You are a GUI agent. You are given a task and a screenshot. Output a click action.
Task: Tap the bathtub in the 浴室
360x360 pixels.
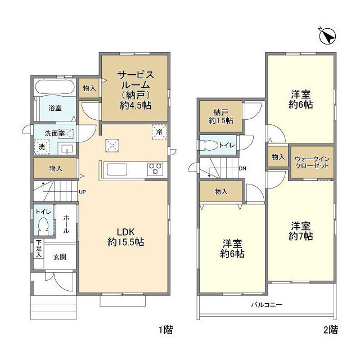pos(55,88)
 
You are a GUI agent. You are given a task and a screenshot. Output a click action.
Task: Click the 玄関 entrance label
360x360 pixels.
pos(60,257)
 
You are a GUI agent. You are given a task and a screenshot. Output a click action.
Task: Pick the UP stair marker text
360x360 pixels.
pos(82,192)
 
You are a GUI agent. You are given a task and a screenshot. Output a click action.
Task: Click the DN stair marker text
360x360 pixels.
pos(242,168)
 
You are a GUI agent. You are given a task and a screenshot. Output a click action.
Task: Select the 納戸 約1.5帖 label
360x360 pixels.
pos(221,116)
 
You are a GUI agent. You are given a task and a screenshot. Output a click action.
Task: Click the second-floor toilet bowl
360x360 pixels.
pos(211,144)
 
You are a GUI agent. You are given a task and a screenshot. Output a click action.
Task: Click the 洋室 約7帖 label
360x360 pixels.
pos(301,231)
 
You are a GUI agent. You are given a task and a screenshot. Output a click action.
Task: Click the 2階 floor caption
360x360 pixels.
pos(330,330)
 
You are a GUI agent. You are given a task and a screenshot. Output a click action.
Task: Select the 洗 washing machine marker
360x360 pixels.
pos(41,147)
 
